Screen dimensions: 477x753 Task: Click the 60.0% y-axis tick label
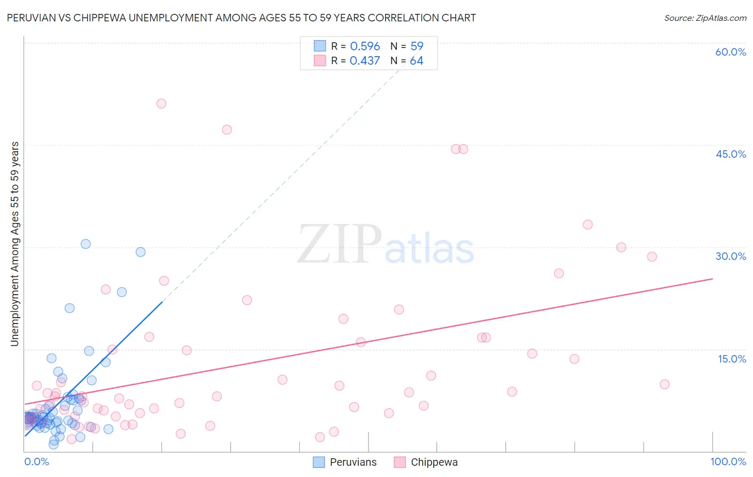(x=731, y=52)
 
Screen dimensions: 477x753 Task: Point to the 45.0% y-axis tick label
(x=731, y=154)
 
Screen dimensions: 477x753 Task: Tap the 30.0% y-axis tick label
(x=731, y=256)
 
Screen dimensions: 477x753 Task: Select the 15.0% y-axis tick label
(x=732, y=359)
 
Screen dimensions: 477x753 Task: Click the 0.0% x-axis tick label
(x=36, y=461)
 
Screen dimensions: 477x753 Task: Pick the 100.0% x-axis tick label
(x=728, y=461)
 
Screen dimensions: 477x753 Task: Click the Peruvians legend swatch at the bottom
(x=319, y=462)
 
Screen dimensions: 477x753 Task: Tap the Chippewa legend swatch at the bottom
(x=400, y=462)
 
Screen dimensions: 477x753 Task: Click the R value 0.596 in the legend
(x=365, y=47)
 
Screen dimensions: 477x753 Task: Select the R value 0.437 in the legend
(x=365, y=61)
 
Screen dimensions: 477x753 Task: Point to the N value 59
(x=417, y=47)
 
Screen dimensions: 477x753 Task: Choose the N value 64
(x=417, y=61)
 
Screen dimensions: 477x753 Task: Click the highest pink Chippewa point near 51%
(x=161, y=104)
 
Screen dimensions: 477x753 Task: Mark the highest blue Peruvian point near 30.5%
(x=86, y=244)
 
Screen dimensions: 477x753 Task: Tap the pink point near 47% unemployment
(x=227, y=129)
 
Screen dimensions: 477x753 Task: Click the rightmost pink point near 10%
(x=665, y=384)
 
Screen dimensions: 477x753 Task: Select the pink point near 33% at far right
(x=588, y=225)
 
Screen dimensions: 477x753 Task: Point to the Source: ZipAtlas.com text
(x=705, y=18)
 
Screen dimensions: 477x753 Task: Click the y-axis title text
(x=14, y=244)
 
